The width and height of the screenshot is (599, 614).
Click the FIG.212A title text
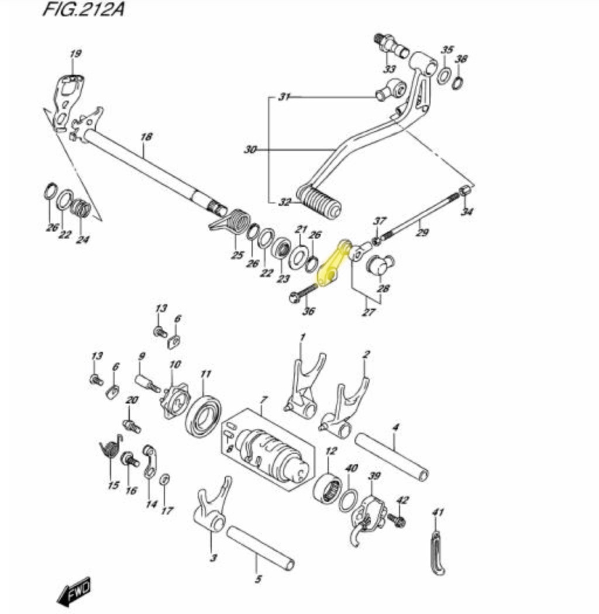click(x=84, y=9)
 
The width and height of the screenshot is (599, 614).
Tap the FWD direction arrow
click(x=74, y=590)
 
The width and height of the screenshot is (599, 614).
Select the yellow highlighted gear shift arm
click(x=333, y=264)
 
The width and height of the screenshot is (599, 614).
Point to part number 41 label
click(x=438, y=512)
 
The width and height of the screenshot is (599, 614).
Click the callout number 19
click(x=75, y=54)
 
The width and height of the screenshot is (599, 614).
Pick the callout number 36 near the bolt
click(x=309, y=311)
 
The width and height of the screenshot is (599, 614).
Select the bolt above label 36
click(x=304, y=293)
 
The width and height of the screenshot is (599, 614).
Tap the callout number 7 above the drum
click(x=264, y=400)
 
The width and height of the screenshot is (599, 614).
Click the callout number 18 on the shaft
click(x=146, y=137)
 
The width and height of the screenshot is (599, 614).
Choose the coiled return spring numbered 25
click(x=230, y=223)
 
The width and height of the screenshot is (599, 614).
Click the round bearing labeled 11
click(x=202, y=416)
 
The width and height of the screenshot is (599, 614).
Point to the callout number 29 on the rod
click(x=422, y=233)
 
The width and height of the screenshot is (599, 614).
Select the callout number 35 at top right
click(x=447, y=50)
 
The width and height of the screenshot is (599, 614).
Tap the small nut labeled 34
click(x=464, y=191)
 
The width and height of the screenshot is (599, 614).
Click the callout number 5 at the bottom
click(x=258, y=579)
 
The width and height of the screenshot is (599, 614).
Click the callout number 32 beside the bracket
click(x=285, y=202)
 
